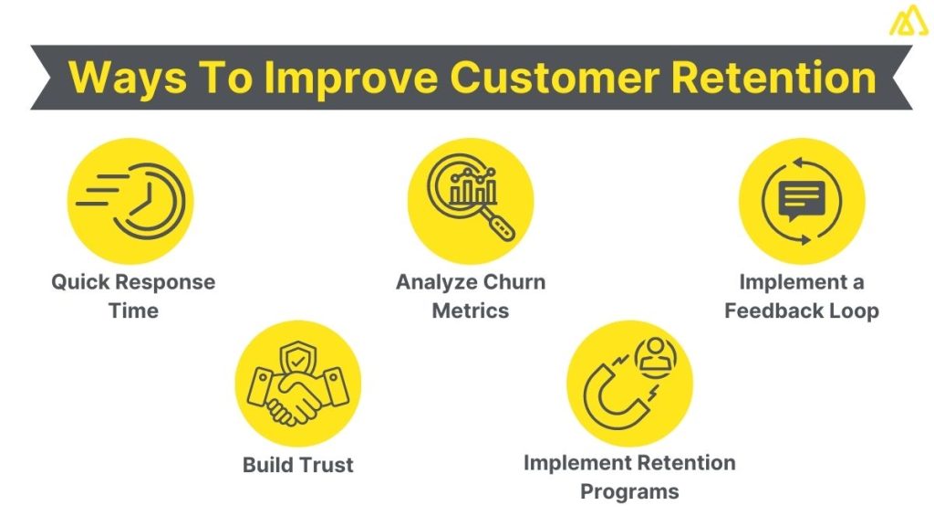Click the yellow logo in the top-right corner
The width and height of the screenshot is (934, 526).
point(908,19)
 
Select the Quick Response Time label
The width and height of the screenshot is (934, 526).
point(133,296)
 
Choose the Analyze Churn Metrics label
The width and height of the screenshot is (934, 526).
point(471,296)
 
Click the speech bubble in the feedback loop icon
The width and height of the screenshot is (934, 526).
point(802,199)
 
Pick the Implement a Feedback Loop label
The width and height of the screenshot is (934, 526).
point(802,296)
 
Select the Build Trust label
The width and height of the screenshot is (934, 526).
point(297,465)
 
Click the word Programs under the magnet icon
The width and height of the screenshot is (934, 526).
point(629,492)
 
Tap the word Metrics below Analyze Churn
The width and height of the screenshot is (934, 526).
point(471,310)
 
